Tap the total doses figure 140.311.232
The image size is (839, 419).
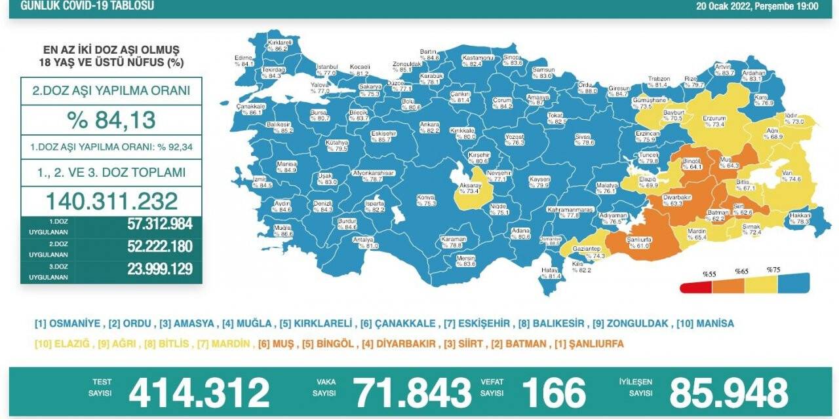point(111,200)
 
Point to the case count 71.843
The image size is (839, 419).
point(413,393)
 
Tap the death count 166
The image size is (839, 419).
point(553,393)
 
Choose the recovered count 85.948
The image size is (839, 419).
point(728,393)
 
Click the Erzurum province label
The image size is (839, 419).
point(712,120)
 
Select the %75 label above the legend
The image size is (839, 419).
point(773,270)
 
